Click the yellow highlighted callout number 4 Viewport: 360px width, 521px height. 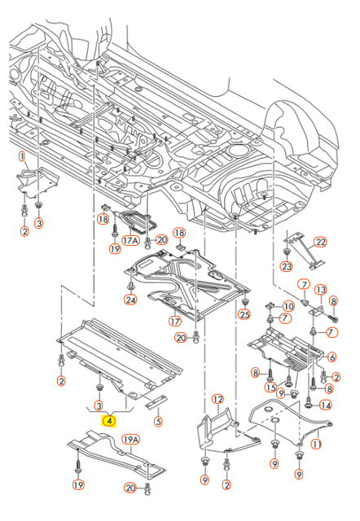109,422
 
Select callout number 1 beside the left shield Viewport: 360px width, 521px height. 22,155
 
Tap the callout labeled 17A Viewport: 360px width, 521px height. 131,242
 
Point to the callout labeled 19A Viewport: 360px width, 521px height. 130,441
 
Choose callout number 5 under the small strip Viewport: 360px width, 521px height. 158,422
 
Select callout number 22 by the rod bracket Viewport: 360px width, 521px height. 320,243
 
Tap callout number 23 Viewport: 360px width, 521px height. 287,266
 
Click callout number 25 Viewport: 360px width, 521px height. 244,315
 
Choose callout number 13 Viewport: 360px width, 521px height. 321,290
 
